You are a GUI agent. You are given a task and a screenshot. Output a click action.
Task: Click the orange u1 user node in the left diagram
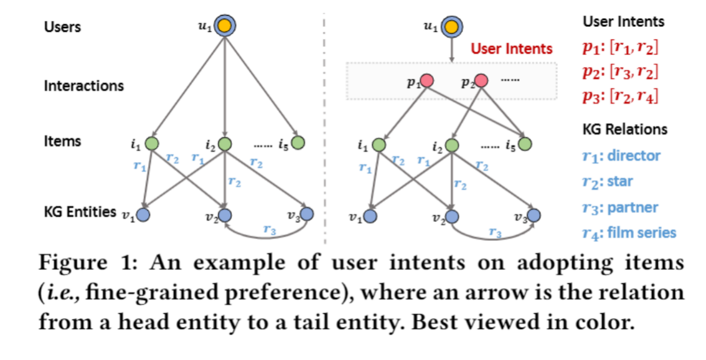tap(226, 26)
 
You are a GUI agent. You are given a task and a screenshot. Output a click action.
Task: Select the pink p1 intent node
tap(428, 81)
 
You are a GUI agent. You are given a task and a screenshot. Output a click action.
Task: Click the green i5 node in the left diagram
tap(298, 143)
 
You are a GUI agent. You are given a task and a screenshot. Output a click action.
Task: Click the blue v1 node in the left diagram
tap(143, 215)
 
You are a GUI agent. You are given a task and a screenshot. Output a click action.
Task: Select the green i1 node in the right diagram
tap(379, 144)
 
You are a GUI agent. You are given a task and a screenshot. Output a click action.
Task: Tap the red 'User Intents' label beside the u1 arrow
tap(511, 48)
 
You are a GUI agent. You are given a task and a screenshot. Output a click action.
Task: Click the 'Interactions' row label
tap(83, 85)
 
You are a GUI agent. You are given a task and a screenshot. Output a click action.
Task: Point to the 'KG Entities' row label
tap(80, 211)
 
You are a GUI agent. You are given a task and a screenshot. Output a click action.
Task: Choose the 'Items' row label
tap(62, 141)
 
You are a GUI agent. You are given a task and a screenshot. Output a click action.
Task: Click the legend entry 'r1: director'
tap(620, 156)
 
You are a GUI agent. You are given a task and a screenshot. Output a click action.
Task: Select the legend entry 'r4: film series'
tap(629, 233)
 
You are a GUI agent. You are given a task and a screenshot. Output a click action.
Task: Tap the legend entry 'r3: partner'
tap(619, 207)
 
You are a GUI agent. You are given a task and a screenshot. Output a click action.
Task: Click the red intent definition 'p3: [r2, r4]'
tap(620, 97)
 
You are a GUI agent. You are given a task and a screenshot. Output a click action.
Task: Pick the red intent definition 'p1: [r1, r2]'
tap(620, 47)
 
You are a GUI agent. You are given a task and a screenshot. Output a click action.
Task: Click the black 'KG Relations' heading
tap(624, 129)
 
